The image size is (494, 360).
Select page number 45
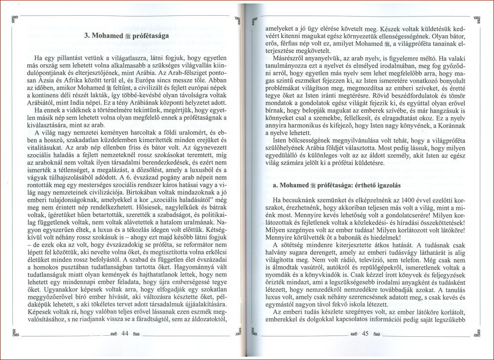pos(366,334)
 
